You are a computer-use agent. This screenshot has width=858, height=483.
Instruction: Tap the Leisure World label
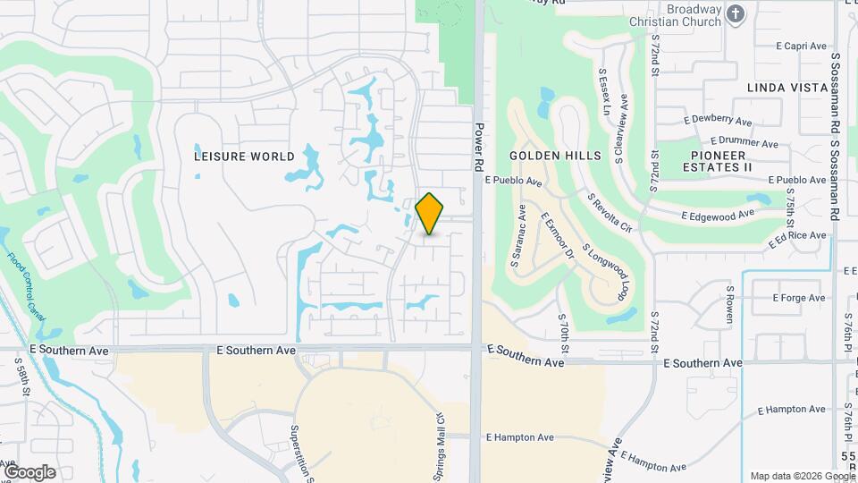pos(244,156)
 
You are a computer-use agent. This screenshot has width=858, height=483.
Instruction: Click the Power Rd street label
pos(479,147)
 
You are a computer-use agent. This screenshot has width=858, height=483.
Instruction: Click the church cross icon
pos(736,13)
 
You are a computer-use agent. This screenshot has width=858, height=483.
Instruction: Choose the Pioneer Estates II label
pos(718,161)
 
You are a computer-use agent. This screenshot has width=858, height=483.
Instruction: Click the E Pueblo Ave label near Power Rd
pos(514,181)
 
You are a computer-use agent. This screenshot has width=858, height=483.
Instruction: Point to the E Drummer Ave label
pos(744,141)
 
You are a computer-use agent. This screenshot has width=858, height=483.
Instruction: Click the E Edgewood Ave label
pos(718,215)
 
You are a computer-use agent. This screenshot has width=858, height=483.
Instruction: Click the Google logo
pos(29,471)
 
